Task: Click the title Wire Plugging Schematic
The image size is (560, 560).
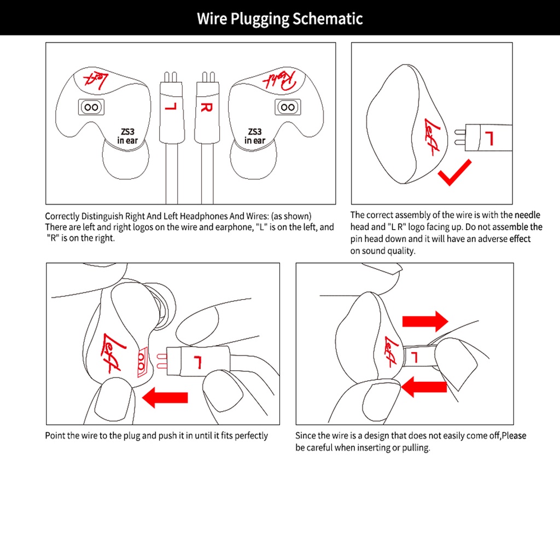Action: (x=279, y=19)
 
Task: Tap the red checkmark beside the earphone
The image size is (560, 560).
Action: (x=453, y=172)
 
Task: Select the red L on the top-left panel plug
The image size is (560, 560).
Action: (x=170, y=104)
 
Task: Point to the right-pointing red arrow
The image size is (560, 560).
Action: (x=425, y=320)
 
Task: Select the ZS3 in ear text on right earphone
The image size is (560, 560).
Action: (x=255, y=136)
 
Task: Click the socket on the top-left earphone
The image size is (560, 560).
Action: (x=91, y=107)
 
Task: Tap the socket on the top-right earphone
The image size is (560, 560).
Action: (x=287, y=107)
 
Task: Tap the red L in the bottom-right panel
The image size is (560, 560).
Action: (x=414, y=358)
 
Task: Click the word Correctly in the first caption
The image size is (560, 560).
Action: (x=62, y=216)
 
